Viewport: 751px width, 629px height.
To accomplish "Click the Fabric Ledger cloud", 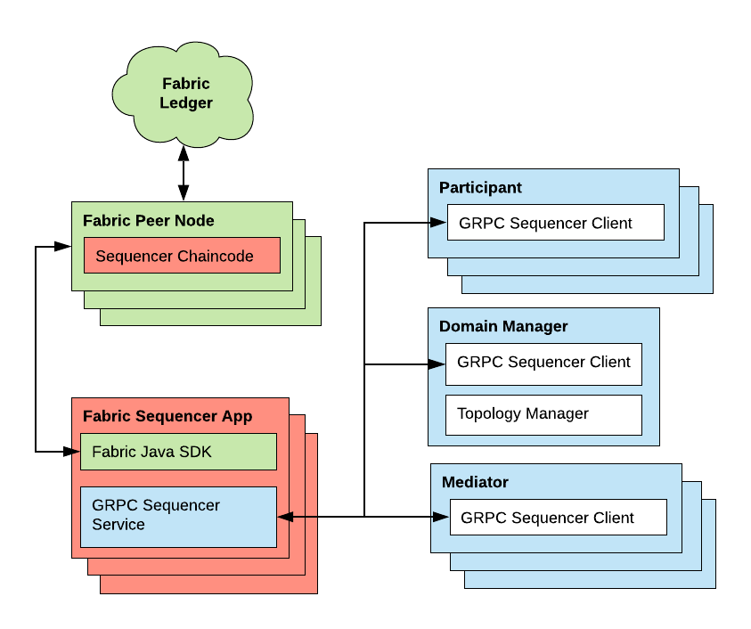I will (185, 93).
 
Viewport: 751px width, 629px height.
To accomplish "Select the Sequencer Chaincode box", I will (182, 256).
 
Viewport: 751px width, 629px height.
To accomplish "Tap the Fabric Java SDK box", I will (177, 452).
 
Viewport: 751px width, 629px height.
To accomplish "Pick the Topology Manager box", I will (543, 413).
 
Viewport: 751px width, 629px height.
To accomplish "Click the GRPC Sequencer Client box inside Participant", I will (555, 223).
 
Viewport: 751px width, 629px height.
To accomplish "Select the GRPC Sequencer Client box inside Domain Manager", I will (543, 363).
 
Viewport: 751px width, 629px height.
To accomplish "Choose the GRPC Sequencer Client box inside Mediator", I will (558, 518).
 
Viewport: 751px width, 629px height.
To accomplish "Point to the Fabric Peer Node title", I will (148, 220).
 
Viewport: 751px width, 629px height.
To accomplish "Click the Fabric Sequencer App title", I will (167, 416).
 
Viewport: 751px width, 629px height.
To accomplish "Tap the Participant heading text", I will (480, 188).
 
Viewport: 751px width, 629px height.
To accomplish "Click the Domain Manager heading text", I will (503, 326).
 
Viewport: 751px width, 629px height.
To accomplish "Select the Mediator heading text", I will (475, 482).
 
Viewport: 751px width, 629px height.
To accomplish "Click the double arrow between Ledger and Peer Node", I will (184, 174).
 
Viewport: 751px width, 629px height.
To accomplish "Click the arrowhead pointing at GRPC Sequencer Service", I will (285, 516).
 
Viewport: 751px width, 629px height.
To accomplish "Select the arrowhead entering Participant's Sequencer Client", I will (438, 223).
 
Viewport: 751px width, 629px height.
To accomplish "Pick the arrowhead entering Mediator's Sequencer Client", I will (441, 516).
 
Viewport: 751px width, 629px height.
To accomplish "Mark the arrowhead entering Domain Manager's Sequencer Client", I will (437, 364).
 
